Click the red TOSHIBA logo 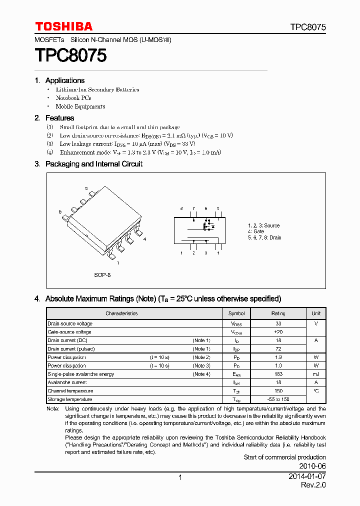coord(63,26)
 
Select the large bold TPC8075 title coord(70,55)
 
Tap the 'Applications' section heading coord(64,80)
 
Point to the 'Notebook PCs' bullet coord(73,98)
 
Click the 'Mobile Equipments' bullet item coord(80,106)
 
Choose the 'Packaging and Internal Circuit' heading coord(93,164)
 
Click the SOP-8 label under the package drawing coord(102,275)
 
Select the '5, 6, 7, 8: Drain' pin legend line coord(264,237)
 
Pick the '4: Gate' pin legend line coord(256,231)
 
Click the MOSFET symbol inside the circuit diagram coord(207,226)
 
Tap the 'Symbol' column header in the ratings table coord(236,313)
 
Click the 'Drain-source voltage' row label coord(70,324)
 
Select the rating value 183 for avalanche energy coord(278,374)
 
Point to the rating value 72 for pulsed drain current coord(278,349)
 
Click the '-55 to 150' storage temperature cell coord(278,399)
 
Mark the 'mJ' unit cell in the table coord(316,374)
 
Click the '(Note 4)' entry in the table coord(201,374)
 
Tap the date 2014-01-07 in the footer coord(307,477)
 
